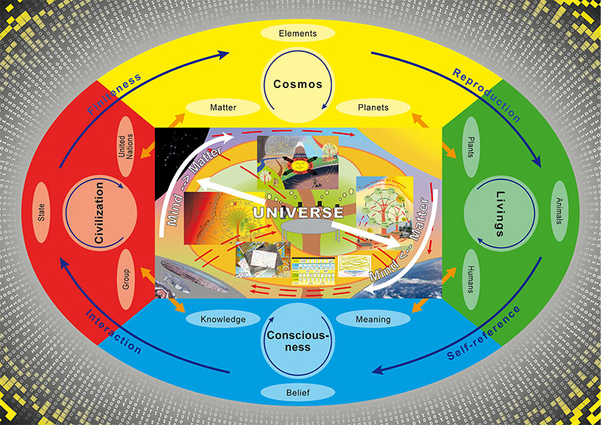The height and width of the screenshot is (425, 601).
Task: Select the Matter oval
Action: pos(223,108)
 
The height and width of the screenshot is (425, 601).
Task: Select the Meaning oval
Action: pos(373,319)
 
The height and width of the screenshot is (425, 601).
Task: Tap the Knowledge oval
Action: pos(222,319)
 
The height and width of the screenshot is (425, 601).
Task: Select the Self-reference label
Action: pos(483,334)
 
